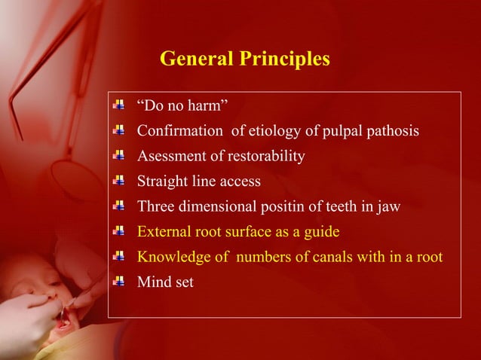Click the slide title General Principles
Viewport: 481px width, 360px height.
click(245, 59)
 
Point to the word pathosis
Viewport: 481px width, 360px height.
click(391, 131)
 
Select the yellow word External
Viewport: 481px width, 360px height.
click(161, 232)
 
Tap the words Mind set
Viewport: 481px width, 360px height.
click(164, 282)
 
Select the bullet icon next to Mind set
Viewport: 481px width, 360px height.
click(118, 282)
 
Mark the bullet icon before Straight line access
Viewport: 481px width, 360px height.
click(118, 181)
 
